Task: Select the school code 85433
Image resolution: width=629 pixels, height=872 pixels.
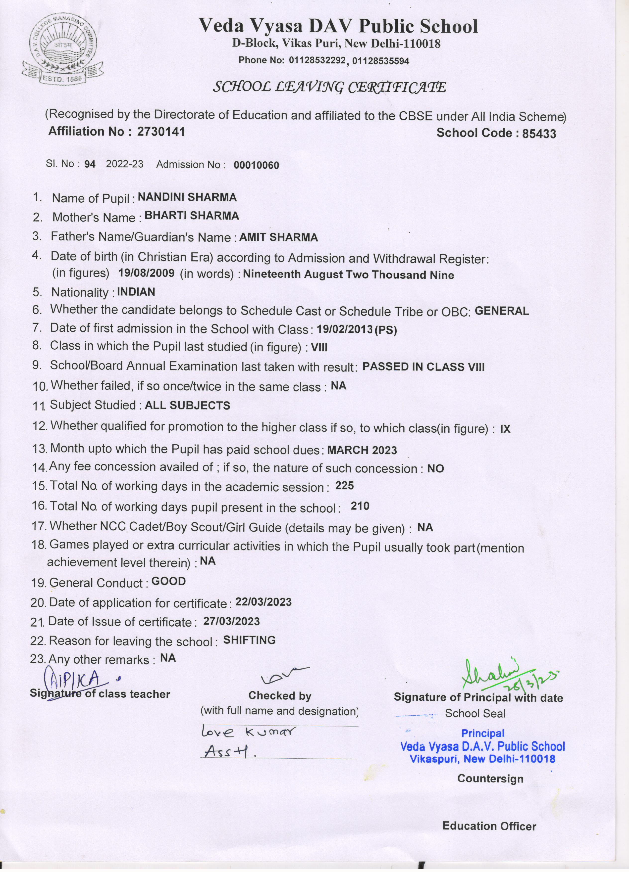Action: (x=539, y=134)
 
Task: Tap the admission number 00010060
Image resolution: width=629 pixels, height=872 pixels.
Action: (x=256, y=165)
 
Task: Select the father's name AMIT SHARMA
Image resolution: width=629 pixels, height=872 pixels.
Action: (x=278, y=237)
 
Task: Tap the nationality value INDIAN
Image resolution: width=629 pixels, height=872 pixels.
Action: (x=136, y=292)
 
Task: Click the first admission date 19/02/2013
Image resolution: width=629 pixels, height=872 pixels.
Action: (x=344, y=329)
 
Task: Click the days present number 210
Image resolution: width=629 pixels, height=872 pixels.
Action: (x=360, y=506)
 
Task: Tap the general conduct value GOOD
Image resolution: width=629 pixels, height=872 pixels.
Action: (x=168, y=581)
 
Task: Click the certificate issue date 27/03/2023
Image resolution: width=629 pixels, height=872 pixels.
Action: (x=231, y=621)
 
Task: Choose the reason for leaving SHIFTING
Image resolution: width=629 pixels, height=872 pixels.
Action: (x=249, y=640)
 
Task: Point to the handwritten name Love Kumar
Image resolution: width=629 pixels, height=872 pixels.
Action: (x=249, y=731)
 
